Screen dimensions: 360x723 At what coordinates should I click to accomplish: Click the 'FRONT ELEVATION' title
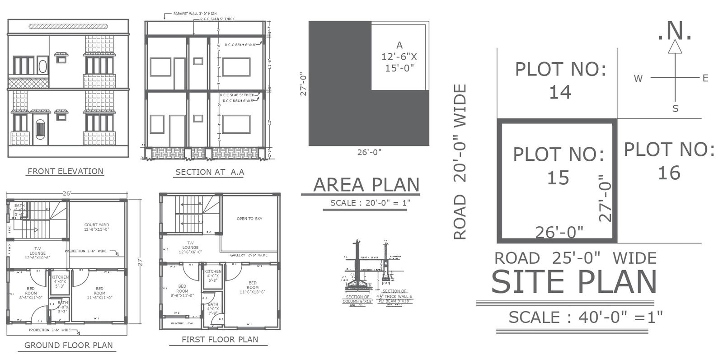click(66, 171)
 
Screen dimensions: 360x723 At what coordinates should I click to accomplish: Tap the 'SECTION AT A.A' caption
click(209, 172)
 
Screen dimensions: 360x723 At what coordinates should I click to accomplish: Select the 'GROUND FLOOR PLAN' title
click(68, 345)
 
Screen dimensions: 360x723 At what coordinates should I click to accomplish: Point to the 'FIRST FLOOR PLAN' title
click(220, 339)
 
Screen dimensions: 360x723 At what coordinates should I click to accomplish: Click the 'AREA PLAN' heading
click(366, 185)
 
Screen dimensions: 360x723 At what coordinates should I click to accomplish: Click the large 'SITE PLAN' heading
click(573, 282)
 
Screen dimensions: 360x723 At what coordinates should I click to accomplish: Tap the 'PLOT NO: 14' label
click(560, 81)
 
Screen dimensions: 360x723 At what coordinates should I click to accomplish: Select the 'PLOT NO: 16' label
click(669, 161)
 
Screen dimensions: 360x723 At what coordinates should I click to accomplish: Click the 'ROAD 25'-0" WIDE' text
click(575, 258)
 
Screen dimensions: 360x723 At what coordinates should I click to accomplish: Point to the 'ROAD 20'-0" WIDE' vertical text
click(460, 162)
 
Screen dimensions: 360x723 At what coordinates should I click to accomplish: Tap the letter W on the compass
click(638, 79)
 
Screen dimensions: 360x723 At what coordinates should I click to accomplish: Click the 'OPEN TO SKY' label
click(249, 219)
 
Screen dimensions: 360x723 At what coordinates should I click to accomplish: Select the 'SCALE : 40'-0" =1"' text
click(586, 317)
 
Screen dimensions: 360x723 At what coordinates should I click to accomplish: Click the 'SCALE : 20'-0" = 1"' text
click(369, 203)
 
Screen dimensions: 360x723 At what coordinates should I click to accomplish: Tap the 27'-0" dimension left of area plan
click(304, 84)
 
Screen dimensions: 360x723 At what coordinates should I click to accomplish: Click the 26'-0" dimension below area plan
click(369, 152)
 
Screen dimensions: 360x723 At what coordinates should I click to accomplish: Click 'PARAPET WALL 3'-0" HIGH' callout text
click(195, 14)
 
